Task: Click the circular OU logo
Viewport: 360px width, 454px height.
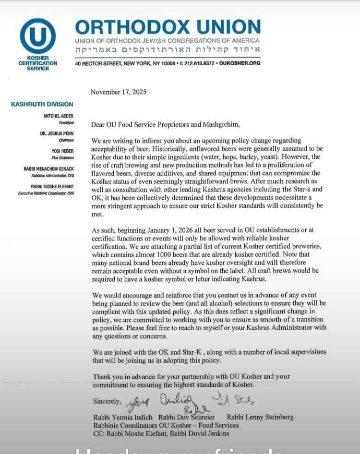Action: point(37,36)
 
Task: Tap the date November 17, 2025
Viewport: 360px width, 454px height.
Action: point(119,92)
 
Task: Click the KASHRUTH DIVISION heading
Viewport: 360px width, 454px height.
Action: point(42,104)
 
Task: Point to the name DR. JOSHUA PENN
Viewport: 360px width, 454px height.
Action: point(57,134)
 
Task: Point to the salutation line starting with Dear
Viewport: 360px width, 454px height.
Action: point(165,125)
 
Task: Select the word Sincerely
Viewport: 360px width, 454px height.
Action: point(107,401)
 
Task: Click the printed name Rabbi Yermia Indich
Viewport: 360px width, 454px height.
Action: point(124,417)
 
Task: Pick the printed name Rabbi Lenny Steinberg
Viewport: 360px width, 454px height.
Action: point(260,417)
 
